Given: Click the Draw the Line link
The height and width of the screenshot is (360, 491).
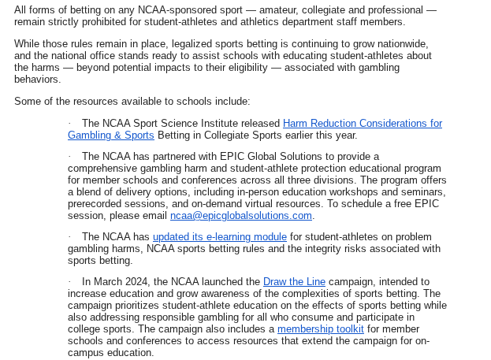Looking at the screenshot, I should (289, 281).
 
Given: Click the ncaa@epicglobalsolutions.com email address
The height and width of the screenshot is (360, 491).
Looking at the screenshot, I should (241, 215).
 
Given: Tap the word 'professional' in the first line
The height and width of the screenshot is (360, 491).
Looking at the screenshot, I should (385, 9).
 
